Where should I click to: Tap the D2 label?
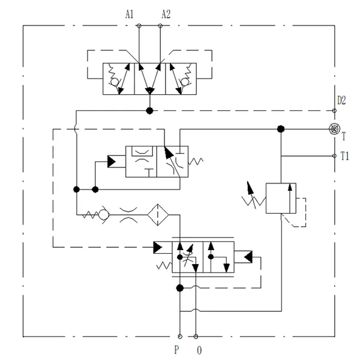(x=342, y=100)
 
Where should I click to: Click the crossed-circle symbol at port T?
(x=334, y=128)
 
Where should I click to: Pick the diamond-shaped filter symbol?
(x=158, y=214)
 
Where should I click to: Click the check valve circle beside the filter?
(x=104, y=214)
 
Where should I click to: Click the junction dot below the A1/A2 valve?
(x=149, y=110)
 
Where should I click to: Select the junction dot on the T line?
(x=280, y=128)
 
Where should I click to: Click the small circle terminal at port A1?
(x=139, y=26)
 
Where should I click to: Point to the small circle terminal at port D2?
(x=334, y=110)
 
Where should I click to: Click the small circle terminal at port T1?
(x=334, y=156)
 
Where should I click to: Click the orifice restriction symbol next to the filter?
(x=129, y=214)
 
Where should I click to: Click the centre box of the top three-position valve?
(x=149, y=77)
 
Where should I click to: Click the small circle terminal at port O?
(x=196, y=336)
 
